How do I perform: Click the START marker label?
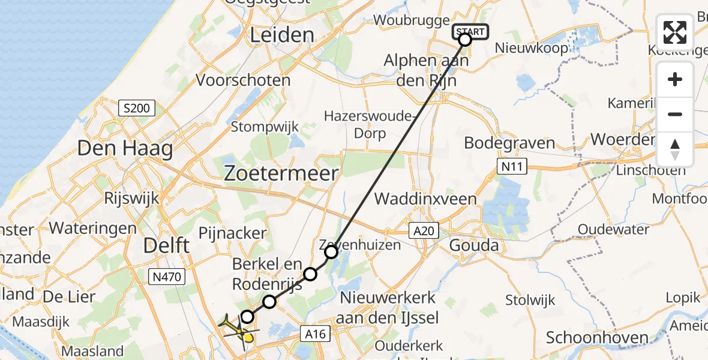(x=472, y=31)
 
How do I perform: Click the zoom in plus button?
(x=675, y=79)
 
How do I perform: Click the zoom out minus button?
(x=675, y=114)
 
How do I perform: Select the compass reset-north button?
(x=675, y=149)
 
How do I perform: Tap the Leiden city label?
(x=281, y=35)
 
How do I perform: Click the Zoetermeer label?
(x=281, y=173)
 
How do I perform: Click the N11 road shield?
(x=511, y=166)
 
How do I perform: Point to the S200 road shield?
(x=137, y=109)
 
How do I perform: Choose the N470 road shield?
(x=166, y=277)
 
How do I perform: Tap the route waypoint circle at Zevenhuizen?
(x=331, y=252)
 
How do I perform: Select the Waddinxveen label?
(x=425, y=199)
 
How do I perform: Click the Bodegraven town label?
(x=510, y=143)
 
